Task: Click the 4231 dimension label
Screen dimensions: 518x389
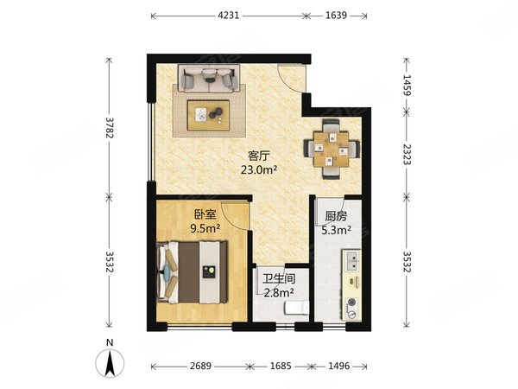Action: pos(228,16)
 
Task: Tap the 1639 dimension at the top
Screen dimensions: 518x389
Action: pos(336,16)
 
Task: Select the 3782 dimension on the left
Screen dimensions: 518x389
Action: pos(109,127)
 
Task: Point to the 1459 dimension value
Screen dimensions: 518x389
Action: pos(407,86)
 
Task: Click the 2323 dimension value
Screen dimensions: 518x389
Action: pos(407,155)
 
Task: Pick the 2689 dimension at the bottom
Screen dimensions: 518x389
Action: pos(200,367)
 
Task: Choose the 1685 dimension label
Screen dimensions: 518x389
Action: pos(281,367)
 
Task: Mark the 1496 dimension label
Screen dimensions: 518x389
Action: pos(339,367)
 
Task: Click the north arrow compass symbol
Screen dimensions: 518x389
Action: pos(110,360)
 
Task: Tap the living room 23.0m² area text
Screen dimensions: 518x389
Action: pos(259,169)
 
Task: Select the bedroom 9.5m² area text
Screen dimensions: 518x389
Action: pos(205,228)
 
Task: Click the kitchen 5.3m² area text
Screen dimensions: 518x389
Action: pos(337,230)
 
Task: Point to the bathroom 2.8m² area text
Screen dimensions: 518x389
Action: pos(280,292)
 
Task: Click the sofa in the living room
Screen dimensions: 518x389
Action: pos(209,78)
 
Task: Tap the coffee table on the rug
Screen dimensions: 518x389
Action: pos(208,116)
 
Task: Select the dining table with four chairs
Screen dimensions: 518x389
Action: pos(332,150)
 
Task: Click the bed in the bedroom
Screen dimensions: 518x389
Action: pos(192,272)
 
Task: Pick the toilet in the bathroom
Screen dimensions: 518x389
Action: pos(297,308)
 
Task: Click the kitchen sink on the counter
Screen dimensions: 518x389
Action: pos(352,261)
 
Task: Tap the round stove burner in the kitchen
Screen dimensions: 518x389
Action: pos(351,303)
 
